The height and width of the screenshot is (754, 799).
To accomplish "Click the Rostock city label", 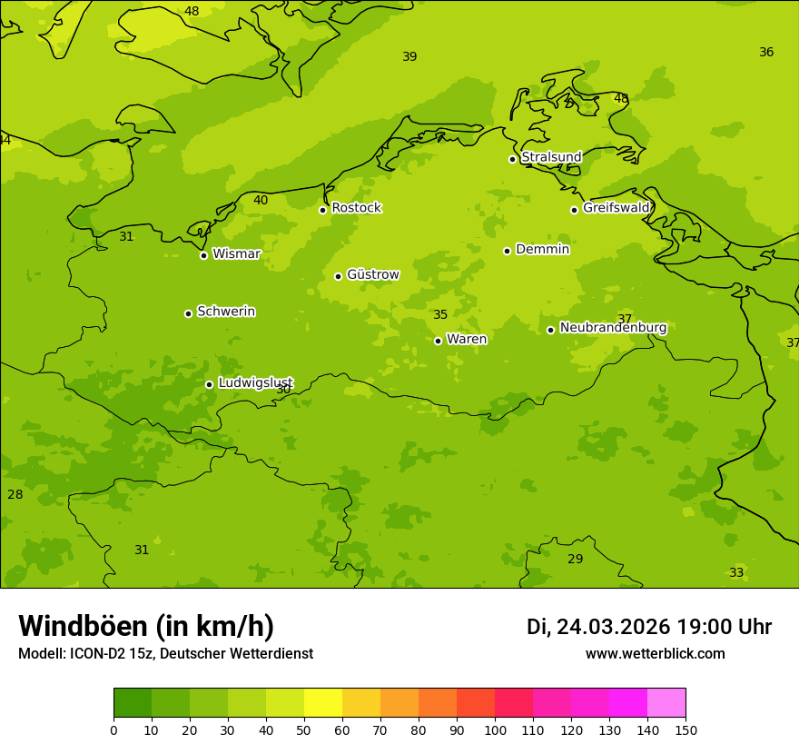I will pos(356,208).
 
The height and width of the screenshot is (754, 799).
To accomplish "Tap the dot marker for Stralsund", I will pos(512,159).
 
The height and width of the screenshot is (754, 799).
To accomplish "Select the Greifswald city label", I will pos(616,208).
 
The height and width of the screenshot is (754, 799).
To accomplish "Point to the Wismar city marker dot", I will pos(203,255).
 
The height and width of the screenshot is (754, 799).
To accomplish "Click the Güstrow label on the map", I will pos(372,274).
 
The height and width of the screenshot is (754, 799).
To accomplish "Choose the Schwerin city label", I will pos(225,312).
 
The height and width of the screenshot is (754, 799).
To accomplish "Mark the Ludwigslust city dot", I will pos(209,384).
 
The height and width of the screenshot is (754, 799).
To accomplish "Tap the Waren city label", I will pos(467,339).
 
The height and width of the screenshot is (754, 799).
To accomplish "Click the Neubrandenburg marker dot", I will pos(550,330).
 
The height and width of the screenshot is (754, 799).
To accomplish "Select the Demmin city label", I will pos(542,249).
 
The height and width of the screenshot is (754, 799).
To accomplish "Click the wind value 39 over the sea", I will pos(409,57).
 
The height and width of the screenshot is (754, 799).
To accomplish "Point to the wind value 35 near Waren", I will pos(440,315).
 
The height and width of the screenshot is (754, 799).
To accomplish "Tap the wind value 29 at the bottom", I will pos(575,559).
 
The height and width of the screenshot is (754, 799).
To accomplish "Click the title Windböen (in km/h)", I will pos(146,626).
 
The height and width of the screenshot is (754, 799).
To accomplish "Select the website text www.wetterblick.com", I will pos(655,654).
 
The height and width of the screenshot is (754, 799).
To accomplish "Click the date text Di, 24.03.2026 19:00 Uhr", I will pos(648,627).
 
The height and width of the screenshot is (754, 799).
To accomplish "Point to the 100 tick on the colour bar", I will pos(495,729).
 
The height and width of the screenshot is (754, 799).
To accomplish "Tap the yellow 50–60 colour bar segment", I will pos(323,702).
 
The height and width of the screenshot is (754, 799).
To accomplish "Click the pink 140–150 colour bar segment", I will pos(666,702).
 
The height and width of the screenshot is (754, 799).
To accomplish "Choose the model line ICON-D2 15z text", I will pos(165,654).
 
